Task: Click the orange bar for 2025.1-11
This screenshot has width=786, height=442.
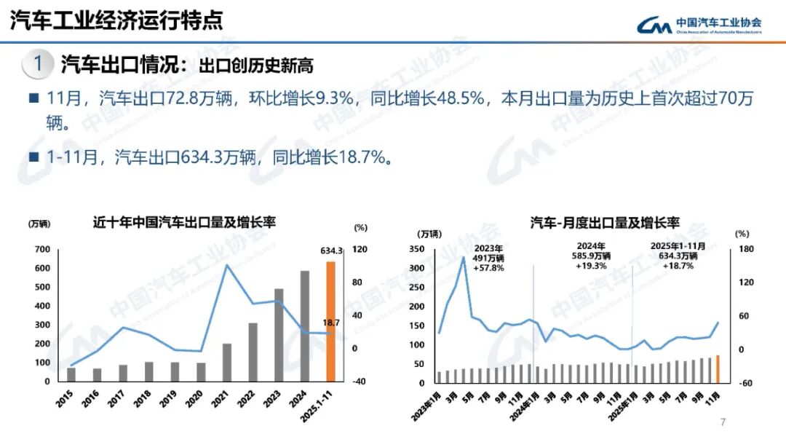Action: click(x=330, y=321)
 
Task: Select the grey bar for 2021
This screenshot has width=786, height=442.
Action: click(x=227, y=363)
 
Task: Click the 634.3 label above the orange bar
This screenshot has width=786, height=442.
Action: click(x=331, y=250)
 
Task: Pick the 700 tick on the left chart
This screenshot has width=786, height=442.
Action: click(x=41, y=250)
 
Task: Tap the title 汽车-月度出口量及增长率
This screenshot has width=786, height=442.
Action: click(x=604, y=223)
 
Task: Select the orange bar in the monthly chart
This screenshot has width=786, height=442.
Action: click(x=718, y=369)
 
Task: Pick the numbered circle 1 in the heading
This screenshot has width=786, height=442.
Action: click(x=37, y=64)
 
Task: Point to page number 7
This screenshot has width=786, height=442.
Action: click(x=723, y=422)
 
